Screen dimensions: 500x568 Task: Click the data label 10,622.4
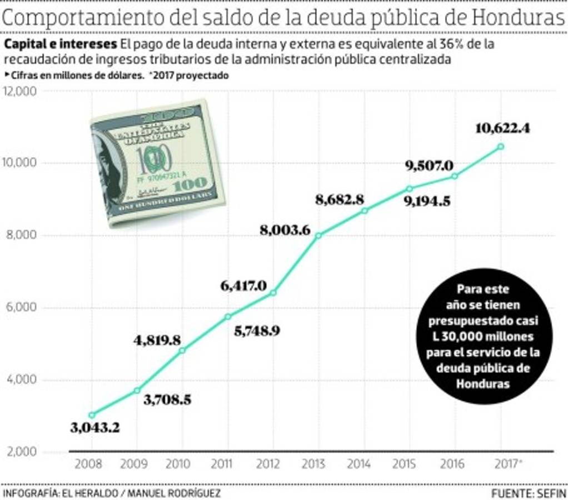point(502,129)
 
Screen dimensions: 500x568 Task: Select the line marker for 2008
point(92,415)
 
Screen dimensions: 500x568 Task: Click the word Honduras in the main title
point(518,19)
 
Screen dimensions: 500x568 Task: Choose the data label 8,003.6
point(285,229)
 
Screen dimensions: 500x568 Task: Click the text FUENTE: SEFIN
point(529,493)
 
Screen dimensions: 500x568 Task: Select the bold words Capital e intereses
point(61,44)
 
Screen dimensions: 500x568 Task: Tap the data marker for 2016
point(455,176)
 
